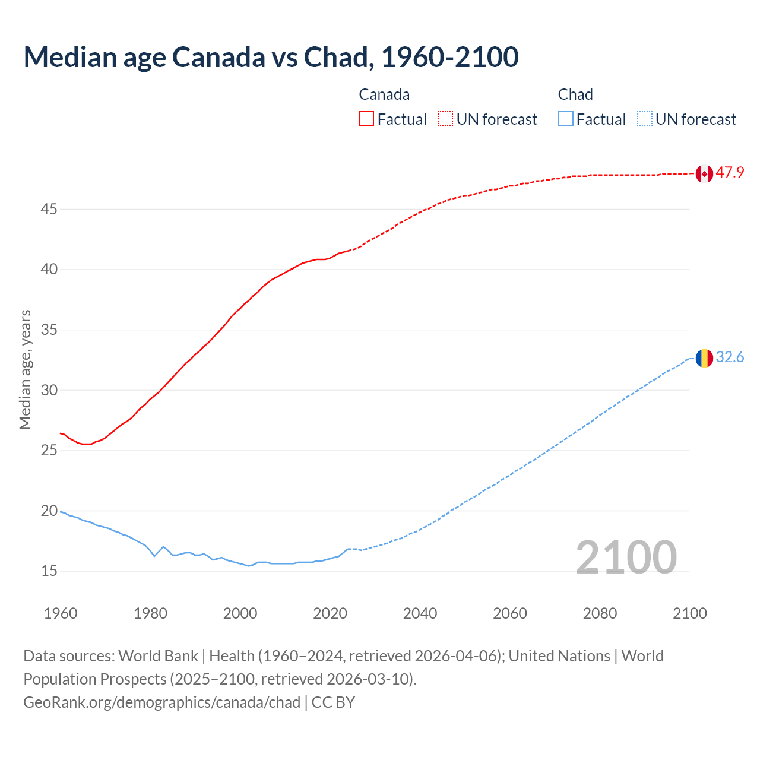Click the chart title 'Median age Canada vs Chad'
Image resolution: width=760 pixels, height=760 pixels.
(271, 57)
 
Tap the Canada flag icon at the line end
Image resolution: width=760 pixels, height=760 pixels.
(704, 173)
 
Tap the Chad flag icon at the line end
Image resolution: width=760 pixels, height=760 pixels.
(704, 358)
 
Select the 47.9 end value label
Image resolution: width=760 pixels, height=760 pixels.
(730, 173)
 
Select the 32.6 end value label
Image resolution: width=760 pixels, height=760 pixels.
(730, 357)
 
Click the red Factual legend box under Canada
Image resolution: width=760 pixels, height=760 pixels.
(366, 119)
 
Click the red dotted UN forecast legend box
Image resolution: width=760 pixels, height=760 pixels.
(445, 119)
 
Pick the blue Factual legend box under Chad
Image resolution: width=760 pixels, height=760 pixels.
(566, 119)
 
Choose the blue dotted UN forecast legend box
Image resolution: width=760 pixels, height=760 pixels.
(644, 119)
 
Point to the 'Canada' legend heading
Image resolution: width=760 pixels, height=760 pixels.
(384, 94)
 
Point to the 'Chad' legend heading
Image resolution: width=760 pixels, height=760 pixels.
(575, 94)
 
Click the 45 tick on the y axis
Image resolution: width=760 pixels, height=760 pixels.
(49, 210)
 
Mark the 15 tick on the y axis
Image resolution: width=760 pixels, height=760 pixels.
(49, 571)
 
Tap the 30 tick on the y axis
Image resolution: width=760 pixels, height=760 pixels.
(49, 390)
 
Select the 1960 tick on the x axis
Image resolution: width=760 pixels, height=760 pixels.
(61, 613)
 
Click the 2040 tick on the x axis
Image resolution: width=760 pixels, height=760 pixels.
(420, 613)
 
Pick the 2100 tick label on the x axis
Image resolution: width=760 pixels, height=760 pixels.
(689, 613)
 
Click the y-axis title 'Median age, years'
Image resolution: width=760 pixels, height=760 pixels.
(25, 369)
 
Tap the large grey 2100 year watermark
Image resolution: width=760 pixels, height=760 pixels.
(626, 557)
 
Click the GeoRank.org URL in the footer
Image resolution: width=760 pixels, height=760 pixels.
(161, 702)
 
